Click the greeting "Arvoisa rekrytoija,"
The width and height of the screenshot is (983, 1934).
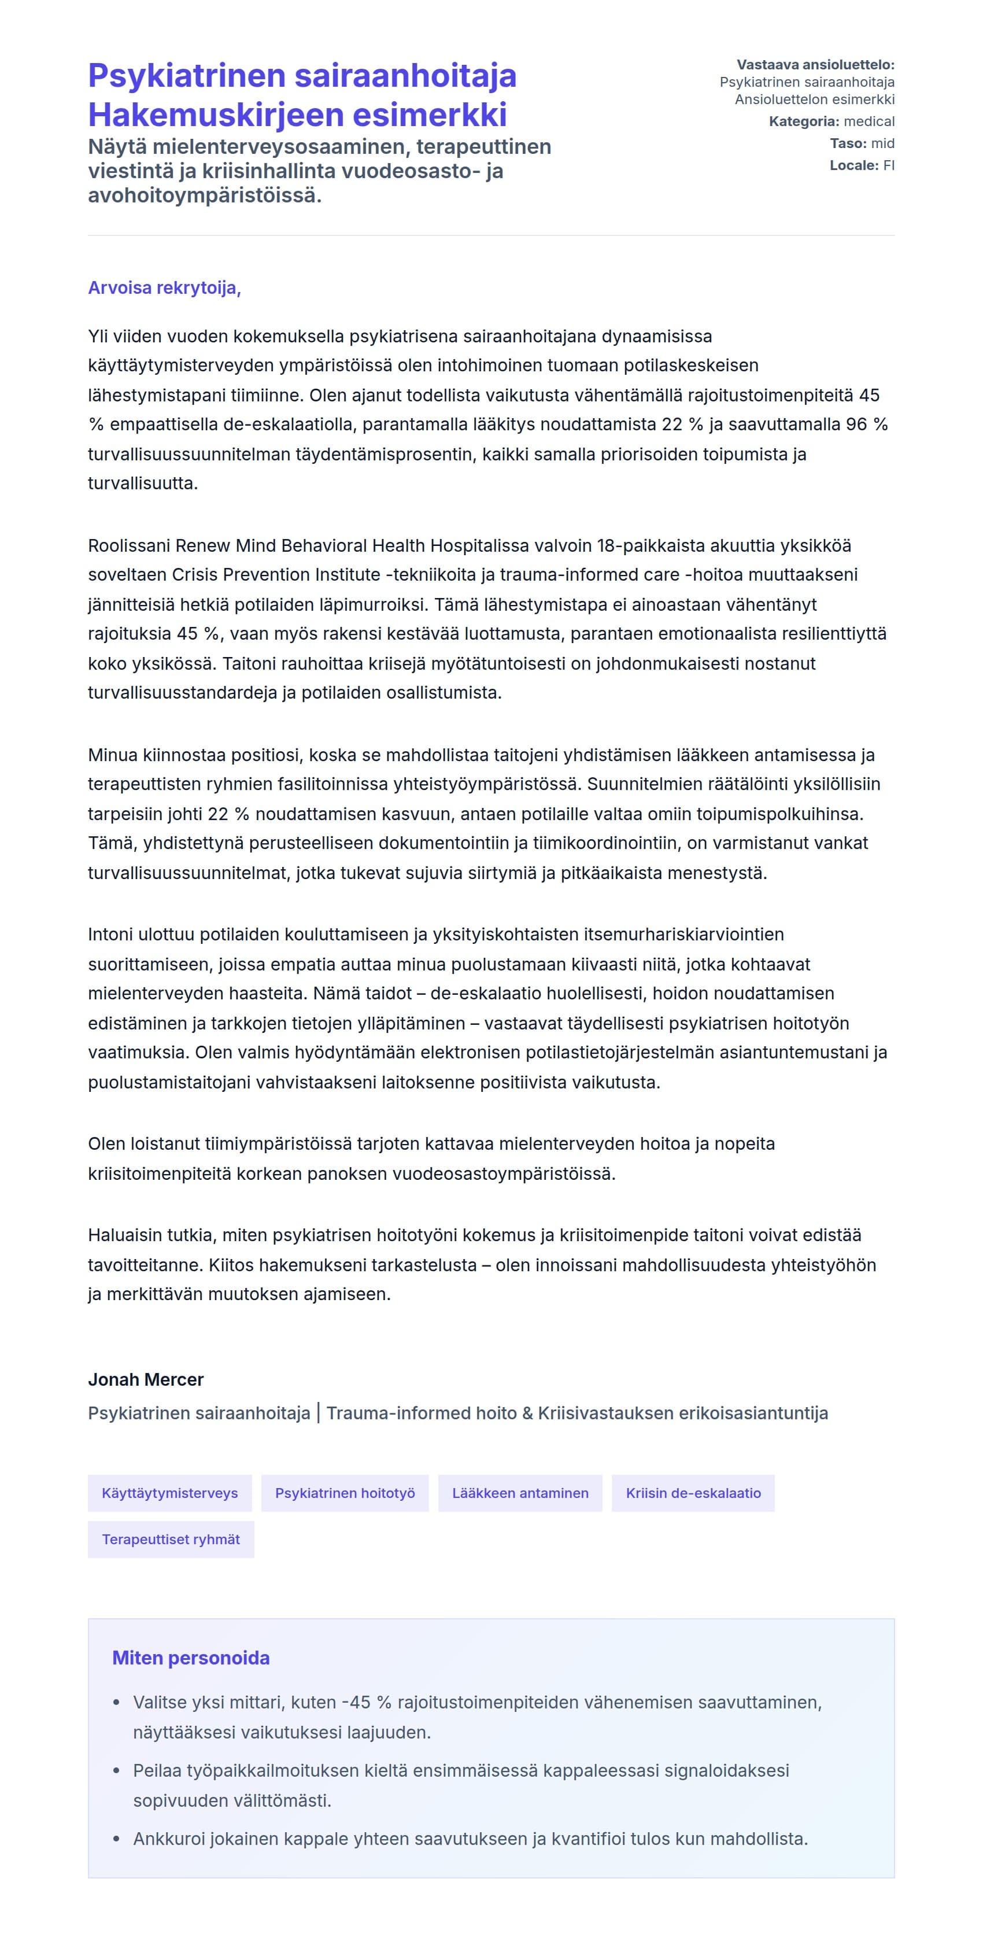pos(164,287)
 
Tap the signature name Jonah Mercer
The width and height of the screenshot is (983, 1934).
pos(146,1379)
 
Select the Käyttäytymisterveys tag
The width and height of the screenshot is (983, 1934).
pos(169,1493)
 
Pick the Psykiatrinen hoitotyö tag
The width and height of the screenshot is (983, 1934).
pos(345,1493)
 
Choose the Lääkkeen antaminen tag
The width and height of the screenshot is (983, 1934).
pos(520,1493)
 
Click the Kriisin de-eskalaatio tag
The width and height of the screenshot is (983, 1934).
pos(693,1493)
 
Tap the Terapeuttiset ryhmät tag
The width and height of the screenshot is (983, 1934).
pos(171,1539)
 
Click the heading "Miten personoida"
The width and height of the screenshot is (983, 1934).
pos(191,1658)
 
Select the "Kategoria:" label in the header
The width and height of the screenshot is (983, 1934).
pos(804,121)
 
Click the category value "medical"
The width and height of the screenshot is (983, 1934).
pos(869,121)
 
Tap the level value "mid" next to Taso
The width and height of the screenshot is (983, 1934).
pos(882,143)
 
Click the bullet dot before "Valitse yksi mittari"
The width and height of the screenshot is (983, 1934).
pos(116,1703)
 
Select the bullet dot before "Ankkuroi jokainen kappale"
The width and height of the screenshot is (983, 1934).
pos(116,1839)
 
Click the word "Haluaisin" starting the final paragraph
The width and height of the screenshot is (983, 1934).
pos(123,1235)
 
